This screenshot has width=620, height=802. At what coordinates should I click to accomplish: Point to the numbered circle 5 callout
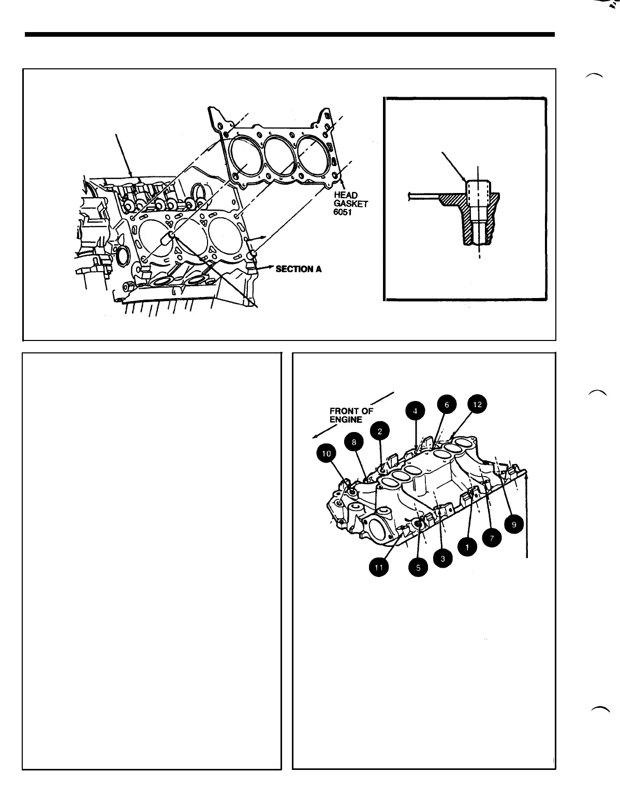coord(418,567)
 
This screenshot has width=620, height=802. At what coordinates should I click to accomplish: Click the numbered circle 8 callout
coord(354,442)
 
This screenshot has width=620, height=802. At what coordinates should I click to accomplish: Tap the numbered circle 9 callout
coord(514,524)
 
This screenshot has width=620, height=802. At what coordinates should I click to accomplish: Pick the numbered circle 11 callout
coord(378,568)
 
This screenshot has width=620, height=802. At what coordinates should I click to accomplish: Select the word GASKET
coord(351,203)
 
